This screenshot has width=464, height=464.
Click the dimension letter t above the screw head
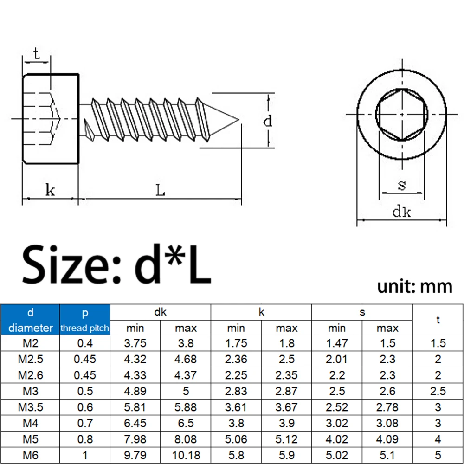coord(36,53)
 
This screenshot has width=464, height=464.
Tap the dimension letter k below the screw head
coord(50,189)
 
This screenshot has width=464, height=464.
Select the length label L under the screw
coord(160,190)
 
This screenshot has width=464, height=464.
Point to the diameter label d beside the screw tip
coord(268,122)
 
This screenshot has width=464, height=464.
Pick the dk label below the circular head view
coord(401,212)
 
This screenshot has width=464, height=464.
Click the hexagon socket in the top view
coord(400,114)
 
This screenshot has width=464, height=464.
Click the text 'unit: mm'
coord(414,286)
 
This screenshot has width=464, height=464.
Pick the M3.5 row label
coord(30,407)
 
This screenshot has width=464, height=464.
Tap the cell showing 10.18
coord(186,455)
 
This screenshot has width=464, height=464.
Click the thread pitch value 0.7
coord(84,423)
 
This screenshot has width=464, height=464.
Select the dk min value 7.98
coord(135,439)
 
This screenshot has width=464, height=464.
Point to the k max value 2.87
coord(286,391)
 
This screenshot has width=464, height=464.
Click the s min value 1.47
coord(337,343)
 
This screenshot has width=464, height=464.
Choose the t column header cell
coord(438,319)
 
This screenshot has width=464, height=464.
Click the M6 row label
coord(30,455)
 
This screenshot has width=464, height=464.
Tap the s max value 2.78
coord(387,407)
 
